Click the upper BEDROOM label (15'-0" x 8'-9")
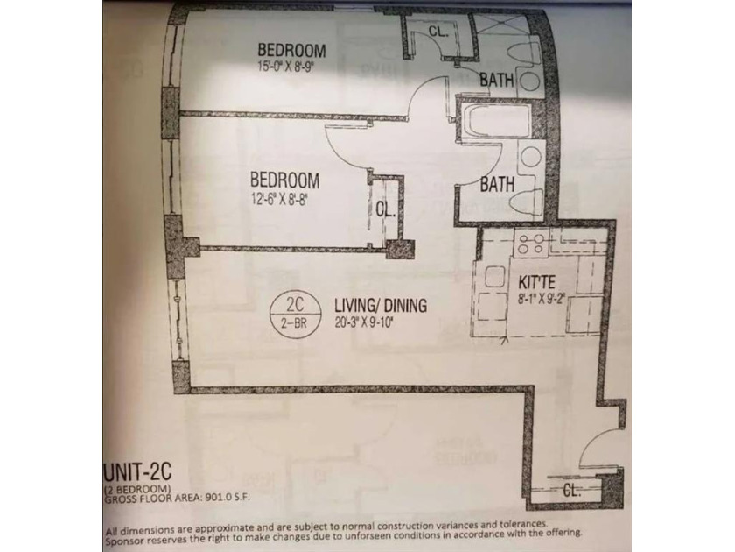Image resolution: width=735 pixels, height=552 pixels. [291, 50]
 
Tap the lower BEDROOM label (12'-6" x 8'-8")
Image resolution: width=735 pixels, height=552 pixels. [284, 180]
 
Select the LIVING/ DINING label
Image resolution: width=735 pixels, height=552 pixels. [380, 306]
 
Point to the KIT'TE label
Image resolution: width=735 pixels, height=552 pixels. [536, 281]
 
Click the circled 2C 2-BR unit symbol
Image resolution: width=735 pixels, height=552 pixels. [295, 313]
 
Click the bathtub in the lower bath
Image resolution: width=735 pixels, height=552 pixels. [496, 122]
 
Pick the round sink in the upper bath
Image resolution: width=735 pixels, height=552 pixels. [530, 81]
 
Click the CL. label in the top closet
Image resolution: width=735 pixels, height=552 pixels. [438, 31]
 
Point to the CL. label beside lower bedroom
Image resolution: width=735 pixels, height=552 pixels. [386, 209]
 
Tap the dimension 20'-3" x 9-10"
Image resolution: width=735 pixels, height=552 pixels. [362, 322]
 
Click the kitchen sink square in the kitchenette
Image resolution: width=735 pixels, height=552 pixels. [494, 276]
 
